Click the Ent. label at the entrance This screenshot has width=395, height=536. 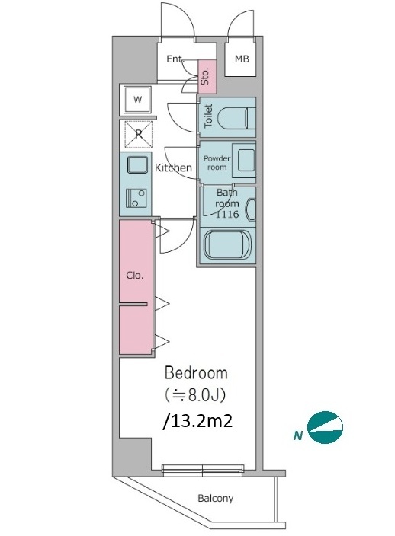click(x=175, y=59)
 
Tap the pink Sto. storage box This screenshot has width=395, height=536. click(x=207, y=77)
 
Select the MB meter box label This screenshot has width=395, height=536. click(x=242, y=59)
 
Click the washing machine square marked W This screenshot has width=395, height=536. click(x=137, y=100)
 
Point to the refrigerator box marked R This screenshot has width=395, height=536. click(x=138, y=134)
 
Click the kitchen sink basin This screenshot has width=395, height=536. click(x=138, y=165)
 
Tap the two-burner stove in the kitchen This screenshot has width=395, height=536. click(x=136, y=198)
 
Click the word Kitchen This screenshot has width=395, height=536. click(x=173, y=167)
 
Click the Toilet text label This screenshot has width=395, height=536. click(x=208, y=116)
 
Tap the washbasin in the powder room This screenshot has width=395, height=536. click(x=244, y=161)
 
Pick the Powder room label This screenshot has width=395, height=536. click(x=217, y=163)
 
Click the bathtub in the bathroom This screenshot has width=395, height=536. click(x=227, y=244)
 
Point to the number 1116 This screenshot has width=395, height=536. click(x=227, y=215)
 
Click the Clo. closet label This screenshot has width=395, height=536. click(x=134, y=275)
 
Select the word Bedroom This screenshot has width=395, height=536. click(x=196, y=373)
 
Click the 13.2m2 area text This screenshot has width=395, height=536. click(x=198, y=421)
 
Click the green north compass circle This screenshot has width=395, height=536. click(x=325, y=427)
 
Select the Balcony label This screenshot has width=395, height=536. click(x=216, y=498)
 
